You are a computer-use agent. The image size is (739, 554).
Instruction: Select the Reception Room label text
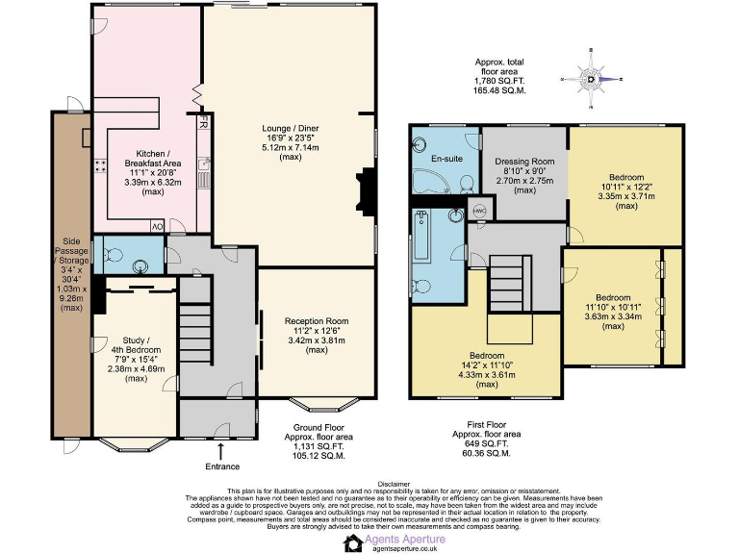[317, 321]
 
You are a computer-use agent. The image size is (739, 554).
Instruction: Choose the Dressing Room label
[524, 161]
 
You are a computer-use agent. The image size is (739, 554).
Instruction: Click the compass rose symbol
[593, 81]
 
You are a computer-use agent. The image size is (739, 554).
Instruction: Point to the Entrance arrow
[220, 451]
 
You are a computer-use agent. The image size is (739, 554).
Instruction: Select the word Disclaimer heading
[395, 484]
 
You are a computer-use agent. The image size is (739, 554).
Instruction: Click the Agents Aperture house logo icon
[352, 543]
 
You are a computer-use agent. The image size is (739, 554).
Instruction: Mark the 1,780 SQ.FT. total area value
[501, 80]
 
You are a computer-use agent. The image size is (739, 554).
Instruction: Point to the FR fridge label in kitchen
[203, 124]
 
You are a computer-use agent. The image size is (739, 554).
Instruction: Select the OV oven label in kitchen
[156, 226]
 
